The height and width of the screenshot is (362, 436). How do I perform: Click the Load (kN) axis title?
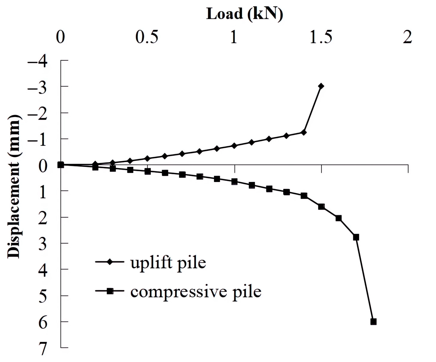point(244,14)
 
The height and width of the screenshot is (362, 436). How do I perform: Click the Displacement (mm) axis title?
point(13,187)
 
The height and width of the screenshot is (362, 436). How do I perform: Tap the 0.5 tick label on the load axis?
point(147,37)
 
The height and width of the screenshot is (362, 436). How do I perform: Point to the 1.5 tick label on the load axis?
point(321,37)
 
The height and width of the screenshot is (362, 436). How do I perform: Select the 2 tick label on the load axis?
point(407,37)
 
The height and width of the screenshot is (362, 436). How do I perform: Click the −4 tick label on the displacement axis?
point(38,61)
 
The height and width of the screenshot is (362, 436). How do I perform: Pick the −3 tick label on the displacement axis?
point(38,87)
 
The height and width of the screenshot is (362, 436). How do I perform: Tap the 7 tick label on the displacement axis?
point(42,349)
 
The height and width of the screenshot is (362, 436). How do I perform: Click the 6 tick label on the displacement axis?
point(42,323)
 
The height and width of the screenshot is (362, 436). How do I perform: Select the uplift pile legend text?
point(168,262)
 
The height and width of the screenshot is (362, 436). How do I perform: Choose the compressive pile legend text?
point(196,292)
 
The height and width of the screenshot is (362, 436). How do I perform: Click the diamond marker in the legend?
point(109,262)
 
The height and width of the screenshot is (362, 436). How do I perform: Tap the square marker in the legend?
point(109,291)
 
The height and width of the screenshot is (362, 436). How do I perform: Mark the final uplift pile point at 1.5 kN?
point(321,86)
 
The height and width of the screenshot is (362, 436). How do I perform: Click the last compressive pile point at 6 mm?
point(373,322)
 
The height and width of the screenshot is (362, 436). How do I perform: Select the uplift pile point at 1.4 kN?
point(304,132)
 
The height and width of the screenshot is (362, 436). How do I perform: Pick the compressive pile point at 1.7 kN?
point(356,237)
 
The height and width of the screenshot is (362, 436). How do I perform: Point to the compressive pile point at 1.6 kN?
point(338,218)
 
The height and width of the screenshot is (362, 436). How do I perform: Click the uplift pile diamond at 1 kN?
point(234,146)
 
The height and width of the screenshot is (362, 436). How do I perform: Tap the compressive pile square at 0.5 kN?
point(147,171)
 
